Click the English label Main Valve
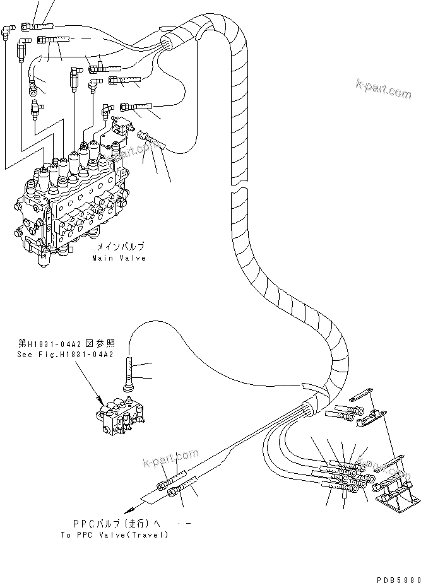click(119, 258)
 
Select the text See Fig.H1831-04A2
click(65, 355)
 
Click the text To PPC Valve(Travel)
click(114, 535)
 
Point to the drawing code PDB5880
click(396, 578)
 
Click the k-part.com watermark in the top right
click(383, 90)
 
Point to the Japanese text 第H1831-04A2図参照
click(65, 344)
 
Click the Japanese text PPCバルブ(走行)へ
click(116, 524)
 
